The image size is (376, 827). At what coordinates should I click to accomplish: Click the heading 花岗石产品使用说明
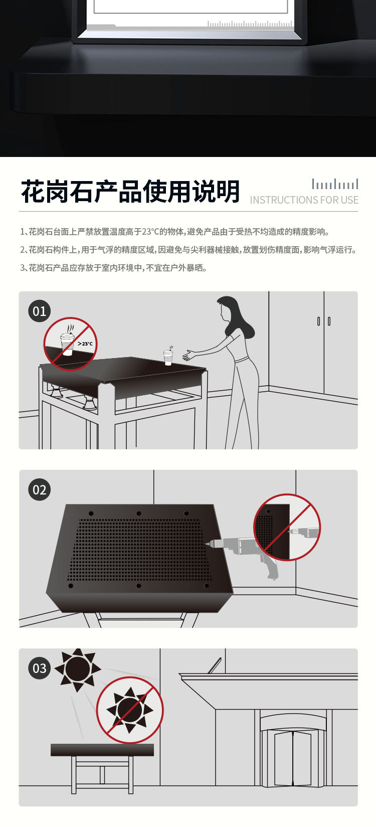[130, 192]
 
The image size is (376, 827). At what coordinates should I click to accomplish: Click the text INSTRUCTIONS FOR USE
[304, 200]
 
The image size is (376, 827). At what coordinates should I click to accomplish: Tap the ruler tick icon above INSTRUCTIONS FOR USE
[335, 184]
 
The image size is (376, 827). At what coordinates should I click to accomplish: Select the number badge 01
[40, 311]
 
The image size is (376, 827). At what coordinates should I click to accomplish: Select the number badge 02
[40, 490]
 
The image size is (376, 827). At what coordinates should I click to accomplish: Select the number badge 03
[40, 669]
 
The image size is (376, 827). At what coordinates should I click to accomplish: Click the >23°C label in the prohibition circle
[85, 344]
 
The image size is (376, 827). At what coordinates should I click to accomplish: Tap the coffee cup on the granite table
[168, 357]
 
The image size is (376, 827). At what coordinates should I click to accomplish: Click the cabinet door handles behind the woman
[324, 321]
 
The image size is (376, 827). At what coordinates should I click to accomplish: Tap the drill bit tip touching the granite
[206, 543]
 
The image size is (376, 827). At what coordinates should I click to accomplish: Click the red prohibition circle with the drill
[287, 527]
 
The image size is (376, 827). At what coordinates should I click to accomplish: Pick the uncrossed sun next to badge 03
[77, 669]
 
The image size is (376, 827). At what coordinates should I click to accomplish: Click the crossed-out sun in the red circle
[130, 710]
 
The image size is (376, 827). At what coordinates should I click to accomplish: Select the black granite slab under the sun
[102, 750]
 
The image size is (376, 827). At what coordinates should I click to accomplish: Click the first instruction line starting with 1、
[175, 232]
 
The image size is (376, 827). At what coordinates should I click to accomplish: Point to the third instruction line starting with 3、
[113, 268]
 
